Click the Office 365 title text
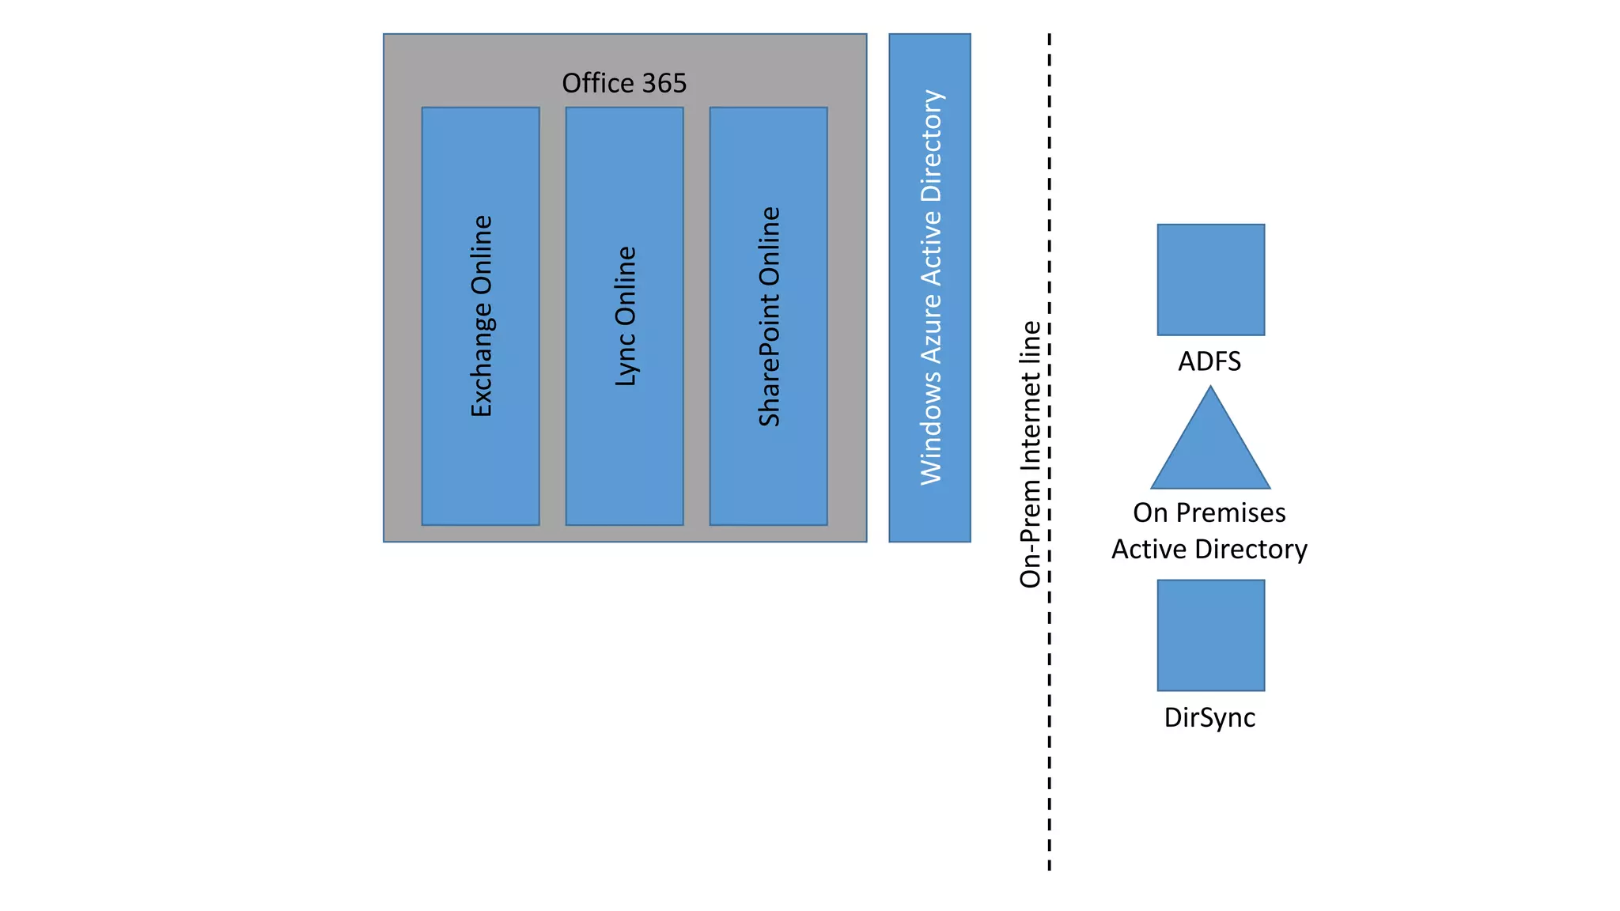tap(624, 83)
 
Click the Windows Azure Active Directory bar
tap(929, 288)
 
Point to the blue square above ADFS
tap(1210, 279)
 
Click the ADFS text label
tap(1209, 361)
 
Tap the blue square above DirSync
tap(1210, 635)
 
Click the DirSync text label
tap(1209, 717)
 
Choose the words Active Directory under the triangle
tap(1209, 549)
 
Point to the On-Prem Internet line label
tap(1030, 454)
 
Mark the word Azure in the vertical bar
tap(930, 325)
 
